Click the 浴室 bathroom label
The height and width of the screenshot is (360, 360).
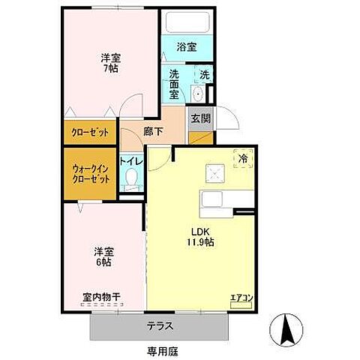186,46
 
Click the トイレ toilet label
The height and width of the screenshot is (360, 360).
131,160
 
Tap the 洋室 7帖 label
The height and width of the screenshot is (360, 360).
110,63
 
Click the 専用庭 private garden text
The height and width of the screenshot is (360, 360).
160,350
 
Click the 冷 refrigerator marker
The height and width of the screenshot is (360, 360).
243,159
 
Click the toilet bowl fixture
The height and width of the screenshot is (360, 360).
132,178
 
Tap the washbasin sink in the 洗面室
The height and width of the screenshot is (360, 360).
197,94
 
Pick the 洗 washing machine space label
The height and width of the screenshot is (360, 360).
205,75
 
